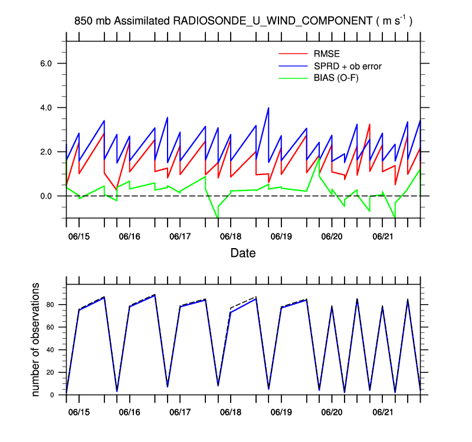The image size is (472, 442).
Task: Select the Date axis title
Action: tap(243, 253)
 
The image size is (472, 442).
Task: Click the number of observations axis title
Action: tap(36, 339)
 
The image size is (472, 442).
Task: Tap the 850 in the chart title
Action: tap(83, 21)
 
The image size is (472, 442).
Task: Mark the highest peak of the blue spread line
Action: tap(268, 108)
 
